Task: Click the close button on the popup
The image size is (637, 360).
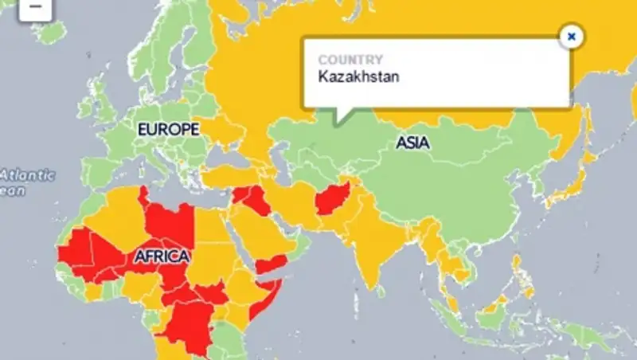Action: (571, 36)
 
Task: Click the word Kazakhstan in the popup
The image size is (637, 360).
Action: (358, 77)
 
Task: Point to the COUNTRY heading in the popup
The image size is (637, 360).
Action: (350, 60)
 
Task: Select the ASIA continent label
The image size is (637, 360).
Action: (413, 143)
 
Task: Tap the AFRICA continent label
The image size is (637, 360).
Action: (162, 256)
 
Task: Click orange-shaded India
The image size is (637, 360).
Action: (374, 231)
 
